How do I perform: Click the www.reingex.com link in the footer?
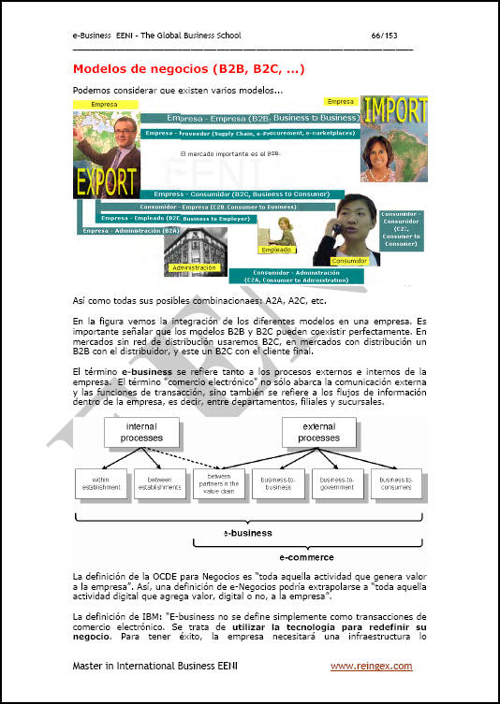point(371,667)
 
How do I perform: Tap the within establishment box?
point(100,482)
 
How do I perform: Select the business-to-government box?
point(335,482)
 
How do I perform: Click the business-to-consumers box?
point(394,482)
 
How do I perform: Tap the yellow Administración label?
point(194,267)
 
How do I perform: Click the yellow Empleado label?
point(276,250)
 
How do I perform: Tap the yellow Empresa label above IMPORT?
point(341,100)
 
